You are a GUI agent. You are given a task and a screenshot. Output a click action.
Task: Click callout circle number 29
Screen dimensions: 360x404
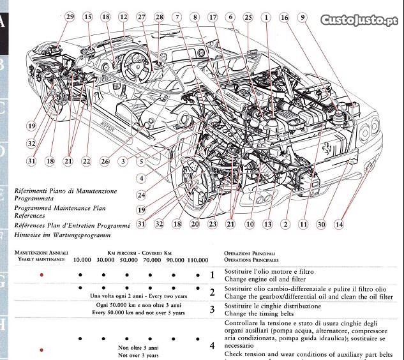(70, 17)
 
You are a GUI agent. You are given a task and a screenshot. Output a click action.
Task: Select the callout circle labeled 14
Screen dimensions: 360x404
(338, 224)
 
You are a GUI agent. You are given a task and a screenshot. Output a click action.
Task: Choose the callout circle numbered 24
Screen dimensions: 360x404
(141, 195)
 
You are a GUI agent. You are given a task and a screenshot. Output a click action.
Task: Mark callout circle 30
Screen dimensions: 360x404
(321, 224)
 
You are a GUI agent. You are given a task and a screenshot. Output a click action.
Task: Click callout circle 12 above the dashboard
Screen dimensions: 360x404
(123, 17)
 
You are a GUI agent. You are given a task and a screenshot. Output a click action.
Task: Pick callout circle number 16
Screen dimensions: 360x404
(285, 17)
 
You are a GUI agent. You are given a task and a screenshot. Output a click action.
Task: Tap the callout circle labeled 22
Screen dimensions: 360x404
(87, 162)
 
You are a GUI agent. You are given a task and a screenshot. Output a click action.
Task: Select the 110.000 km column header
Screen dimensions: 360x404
(198, 260)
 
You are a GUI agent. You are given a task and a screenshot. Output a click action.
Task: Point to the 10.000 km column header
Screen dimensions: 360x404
(82, 260)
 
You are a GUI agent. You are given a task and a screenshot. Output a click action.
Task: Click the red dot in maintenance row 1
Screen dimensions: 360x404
(42, 275)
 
